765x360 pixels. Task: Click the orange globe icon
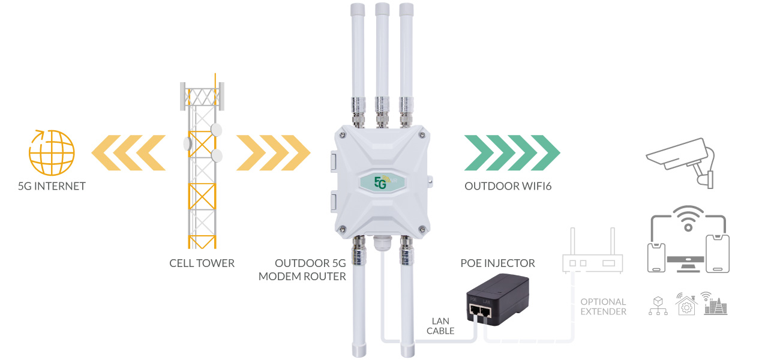52,152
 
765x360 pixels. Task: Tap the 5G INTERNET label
52,186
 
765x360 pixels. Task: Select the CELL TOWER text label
202,263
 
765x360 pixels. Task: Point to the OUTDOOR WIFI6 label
508,186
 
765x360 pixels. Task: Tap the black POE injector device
497,299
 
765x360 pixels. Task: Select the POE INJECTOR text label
497,263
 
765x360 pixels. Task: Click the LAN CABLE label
440,326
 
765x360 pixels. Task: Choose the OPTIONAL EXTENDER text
603,307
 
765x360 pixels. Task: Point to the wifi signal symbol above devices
688,218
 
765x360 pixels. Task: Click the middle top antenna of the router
382,65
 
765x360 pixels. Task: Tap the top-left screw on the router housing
342,135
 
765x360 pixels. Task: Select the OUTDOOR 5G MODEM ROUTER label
302,270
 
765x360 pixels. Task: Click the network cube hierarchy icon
658,305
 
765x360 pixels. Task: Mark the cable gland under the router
382,242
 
